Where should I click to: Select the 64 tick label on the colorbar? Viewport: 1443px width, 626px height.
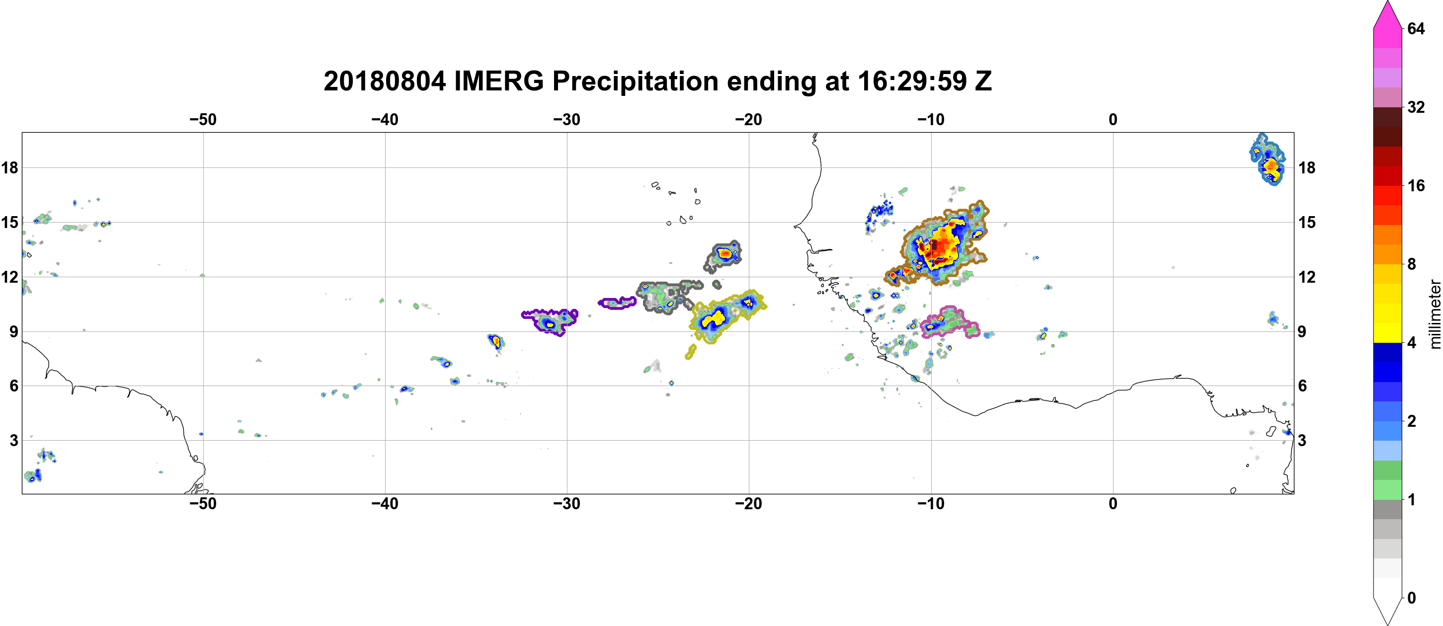pyautogui.click(x=1416, y=28)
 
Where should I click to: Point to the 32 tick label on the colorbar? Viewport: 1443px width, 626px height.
pyautogui.click(x=1416, y=107)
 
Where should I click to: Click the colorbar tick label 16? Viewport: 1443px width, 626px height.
pyautogui.click(x=1416, y=186)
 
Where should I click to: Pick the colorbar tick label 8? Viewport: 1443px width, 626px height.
pyautogui.click(x=1412, y=264)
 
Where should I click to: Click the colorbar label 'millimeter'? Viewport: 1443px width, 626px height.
pyautogui.click(x=1435, y=314)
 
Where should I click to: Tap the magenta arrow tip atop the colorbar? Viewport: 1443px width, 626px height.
pyautogui.click(x=1387, y=3)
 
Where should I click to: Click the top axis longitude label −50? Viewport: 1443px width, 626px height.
pyautogui.click(x=203, y=120)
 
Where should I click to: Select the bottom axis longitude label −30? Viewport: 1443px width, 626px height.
pyautogui.click(x=567, y=504)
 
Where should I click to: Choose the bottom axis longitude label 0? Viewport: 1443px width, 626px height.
pyautogui.click(x=1113, y=504)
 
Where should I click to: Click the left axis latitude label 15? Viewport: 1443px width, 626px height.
pyautogui.click(x=9, y=222)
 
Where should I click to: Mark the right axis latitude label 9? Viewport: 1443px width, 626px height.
pyautogui.click(x=1302, y=331)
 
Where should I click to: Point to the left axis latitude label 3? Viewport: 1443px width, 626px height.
pyautogui.click(x=14, y=440)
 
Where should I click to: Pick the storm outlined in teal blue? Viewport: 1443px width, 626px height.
pyautogui.click(x=1266, y=159)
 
